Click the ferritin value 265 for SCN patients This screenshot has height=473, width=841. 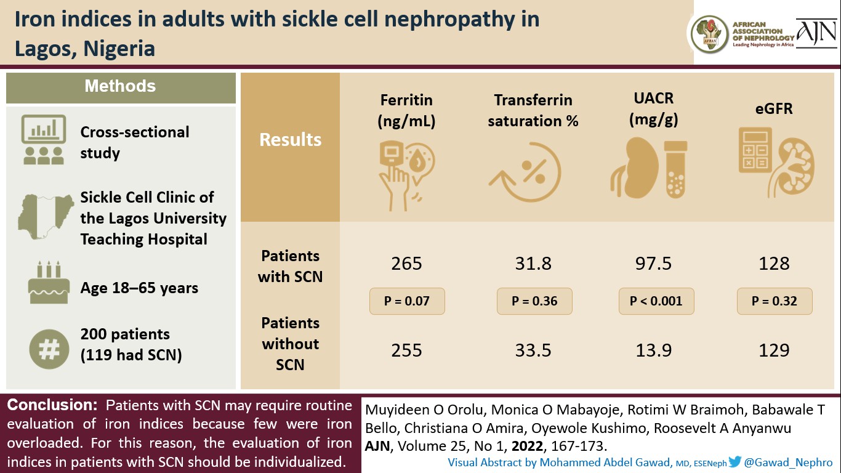406,264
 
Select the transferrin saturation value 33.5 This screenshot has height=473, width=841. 533,350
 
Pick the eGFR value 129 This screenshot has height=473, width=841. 774,350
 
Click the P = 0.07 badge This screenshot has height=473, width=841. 406,301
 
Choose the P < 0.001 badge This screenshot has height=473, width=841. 656,301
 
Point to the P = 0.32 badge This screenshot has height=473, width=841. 775,301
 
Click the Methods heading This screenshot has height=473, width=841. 120,86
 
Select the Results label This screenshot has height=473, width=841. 290,140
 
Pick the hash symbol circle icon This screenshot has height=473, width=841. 46,349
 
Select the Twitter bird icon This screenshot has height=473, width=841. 734,462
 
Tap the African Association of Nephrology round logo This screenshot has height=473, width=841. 709,34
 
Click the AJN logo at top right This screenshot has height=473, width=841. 816,34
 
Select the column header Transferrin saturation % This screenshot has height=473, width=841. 533,110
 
